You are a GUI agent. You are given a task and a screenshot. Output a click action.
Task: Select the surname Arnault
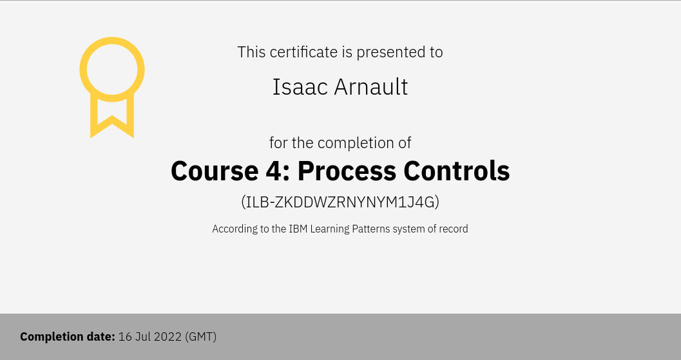(x=371, y=87)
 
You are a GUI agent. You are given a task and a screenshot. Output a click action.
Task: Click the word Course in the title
(x=215, y=171)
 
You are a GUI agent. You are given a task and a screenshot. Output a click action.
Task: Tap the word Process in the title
(x=347, y=171)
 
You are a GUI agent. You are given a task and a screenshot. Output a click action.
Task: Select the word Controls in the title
(x=456, y=171)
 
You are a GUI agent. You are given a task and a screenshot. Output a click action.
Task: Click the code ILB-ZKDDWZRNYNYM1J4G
(x=340, y=202)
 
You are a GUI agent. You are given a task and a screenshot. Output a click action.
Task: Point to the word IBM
(x=298, y=229)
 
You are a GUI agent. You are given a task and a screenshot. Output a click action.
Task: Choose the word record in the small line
(x=454, y=229)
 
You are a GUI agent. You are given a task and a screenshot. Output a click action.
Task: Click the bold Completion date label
(x=68, y=337)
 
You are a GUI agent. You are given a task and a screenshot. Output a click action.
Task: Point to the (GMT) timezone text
(x=200, y=337)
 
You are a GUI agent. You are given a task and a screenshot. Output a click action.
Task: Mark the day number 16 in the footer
(x=124, y=337)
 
